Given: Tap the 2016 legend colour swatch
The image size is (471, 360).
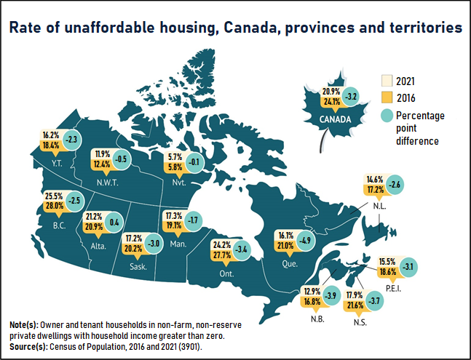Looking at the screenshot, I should coord(387,97).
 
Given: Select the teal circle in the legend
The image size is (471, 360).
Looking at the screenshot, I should coord(387,116).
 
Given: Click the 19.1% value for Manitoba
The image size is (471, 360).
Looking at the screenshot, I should coord(173,226).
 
